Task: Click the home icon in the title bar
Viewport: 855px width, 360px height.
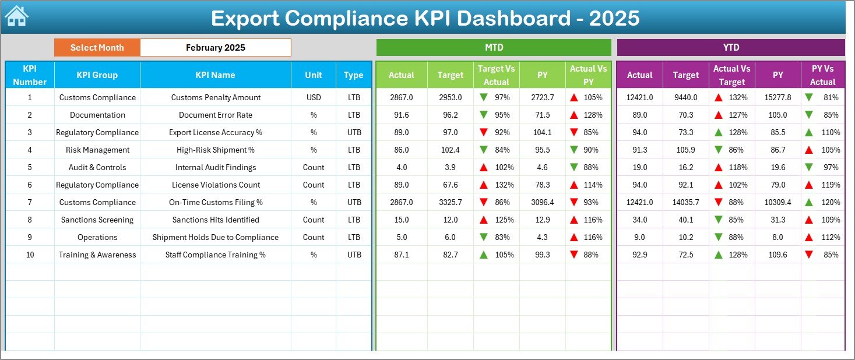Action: [x=16, y=16]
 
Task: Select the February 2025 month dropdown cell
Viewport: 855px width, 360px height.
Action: [x=215, y=48]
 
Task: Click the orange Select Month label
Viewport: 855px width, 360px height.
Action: [x=97, y=48]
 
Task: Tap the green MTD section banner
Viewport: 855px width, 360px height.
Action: [x=494, y=47]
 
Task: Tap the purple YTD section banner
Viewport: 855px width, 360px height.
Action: [x=730, y=47]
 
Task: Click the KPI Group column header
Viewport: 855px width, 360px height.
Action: [x=97, y=75]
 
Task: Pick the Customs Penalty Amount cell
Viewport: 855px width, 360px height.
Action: [x=216, y=97]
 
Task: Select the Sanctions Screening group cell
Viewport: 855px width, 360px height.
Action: [x=97, y=220]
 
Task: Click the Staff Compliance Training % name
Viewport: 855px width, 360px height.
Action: [x=216, y=255]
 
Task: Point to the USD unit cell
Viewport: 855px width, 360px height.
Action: [x=314, y=97]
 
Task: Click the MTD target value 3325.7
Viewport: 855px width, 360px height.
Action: [x=450, y=202]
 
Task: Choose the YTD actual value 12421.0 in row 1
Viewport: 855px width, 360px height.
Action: [x=639, y=97]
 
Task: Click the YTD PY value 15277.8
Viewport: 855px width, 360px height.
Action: [x=777, y=97]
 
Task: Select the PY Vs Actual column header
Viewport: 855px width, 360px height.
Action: [x=822, y=75]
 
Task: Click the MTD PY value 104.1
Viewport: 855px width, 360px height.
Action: [x=543, y=132]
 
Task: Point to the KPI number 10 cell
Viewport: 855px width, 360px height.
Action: [x=30, y=255]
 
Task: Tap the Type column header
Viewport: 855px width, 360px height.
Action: [x=353, y=75]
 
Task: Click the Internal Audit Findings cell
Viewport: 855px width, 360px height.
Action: [x=216, y=167]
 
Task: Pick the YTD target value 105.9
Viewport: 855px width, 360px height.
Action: [x=685, y=150]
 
